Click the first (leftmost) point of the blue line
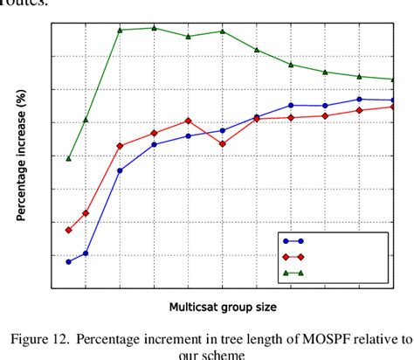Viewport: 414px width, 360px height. (x=68, y=261)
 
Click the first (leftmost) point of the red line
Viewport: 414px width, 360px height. (x=68, y=230)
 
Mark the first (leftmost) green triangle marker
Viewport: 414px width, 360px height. (x=68, y=158)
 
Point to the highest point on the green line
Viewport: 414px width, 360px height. (x=154, y=28)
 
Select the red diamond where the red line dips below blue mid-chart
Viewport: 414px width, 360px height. (x=223, y=143)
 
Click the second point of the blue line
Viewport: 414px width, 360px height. (x=86, y=253)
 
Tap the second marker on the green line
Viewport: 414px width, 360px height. (x=86, y=120)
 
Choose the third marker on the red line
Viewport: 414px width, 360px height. (x=120, y=146)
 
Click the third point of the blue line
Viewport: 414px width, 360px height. (x=120, y=170)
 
